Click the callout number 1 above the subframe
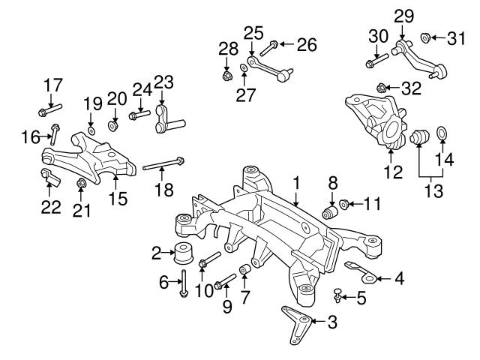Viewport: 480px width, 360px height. point(296,182)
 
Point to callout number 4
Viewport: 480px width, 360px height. point(399,279)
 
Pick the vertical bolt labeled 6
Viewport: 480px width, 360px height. point(183,284)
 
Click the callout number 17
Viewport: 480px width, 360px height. point(51,84)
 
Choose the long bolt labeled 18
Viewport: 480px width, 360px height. point(161,166)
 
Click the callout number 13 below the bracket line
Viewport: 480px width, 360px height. point(430,191)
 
